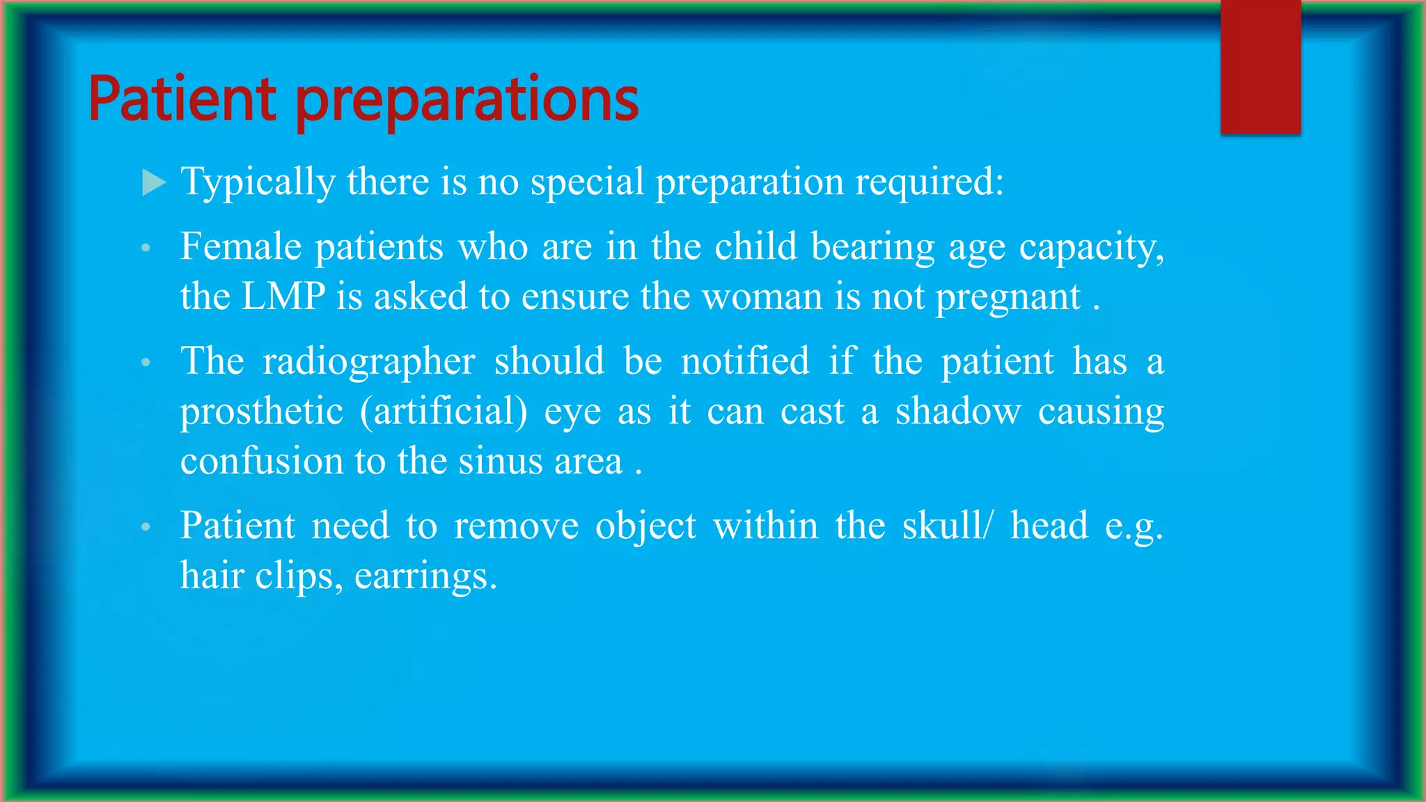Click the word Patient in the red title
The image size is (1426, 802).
click(x=182, y=99)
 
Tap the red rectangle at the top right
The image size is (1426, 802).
click(x=1260, y=67)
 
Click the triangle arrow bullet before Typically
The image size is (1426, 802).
click(x=153, y=183)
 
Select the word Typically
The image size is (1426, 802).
click(x=258, y=183)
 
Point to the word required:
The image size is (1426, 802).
click(x=929, y=183)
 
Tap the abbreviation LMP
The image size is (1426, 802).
click(x=283, y=297)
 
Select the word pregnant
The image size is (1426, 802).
click(x=1008, y=298)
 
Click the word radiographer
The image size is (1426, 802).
click(x=369, y=362)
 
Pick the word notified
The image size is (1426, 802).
click(x=745, y=361)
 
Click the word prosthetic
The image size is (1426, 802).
click(x=262, y=411)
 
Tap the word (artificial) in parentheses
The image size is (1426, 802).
click(x=444, y=411)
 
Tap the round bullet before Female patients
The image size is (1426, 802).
click(x=146, y=248)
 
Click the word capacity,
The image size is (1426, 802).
click(x=1091, y=248)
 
